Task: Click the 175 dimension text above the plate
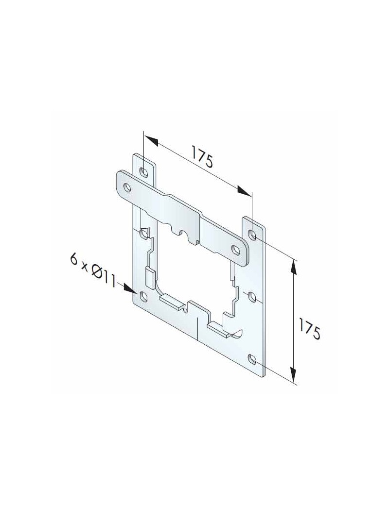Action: click(202, 157)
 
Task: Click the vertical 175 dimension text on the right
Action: click(310, 329)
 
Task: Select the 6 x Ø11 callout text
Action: click(92, 270)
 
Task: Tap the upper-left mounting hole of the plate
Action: click(144, 172)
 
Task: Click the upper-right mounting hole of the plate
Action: click(252, 235)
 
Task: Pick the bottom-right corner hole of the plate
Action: click(252, 359)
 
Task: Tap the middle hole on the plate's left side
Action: click(144, 235)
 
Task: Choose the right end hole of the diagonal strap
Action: click(236, 250)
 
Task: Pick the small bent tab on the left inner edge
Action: click(150, 278)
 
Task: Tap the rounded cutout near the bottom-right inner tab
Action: click(238, 333)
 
